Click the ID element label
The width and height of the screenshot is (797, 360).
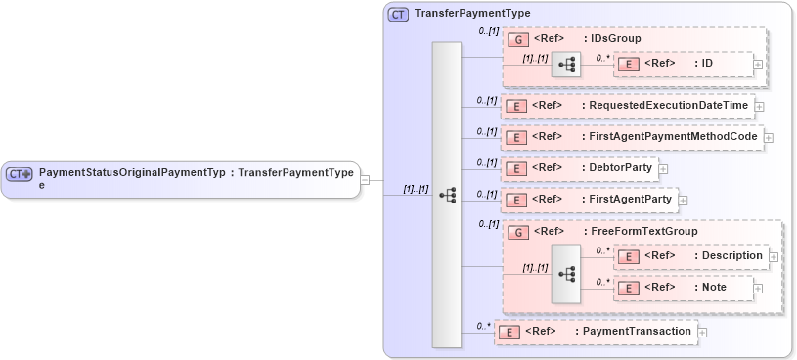click(703, 64)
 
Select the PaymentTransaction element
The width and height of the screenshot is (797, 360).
click(637, 332)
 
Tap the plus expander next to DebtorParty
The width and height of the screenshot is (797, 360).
click(663, 169)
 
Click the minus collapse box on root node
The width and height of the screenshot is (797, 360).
click(365, 179)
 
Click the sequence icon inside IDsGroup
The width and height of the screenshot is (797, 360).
click(566, 65)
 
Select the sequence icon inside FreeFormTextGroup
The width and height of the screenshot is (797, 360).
click(566, 272)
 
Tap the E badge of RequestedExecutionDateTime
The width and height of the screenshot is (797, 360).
click(515, 106)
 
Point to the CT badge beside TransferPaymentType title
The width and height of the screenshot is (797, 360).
click(399, 14)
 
